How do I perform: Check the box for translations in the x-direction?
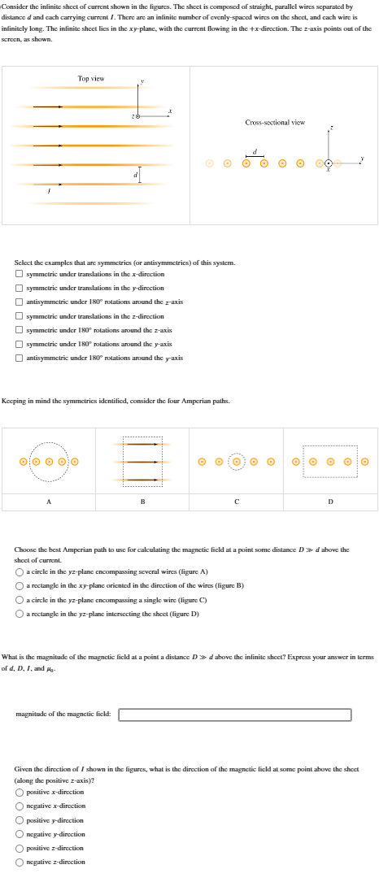(20, 275)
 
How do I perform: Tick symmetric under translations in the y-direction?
(20, 289)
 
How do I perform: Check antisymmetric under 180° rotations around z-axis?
(20, 302)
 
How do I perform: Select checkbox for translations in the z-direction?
(20, 316)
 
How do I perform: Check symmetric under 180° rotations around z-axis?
(20, 330)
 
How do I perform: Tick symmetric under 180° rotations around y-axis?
(20, 344)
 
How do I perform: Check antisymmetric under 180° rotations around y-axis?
(20, 358)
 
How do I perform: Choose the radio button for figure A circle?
(20, 572)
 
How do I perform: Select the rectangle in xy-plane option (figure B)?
(20, 586)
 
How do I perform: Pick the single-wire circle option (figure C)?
(20, 600)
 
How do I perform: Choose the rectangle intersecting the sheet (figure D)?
(20, 614)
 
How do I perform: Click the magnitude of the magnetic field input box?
(235, 715)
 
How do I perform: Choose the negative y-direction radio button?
(20, 834)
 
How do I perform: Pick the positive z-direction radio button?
(20, 848)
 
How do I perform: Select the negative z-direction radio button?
(20, 862)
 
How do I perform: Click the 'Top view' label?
(90, 78)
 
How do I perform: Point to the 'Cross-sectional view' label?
(275, 123)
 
